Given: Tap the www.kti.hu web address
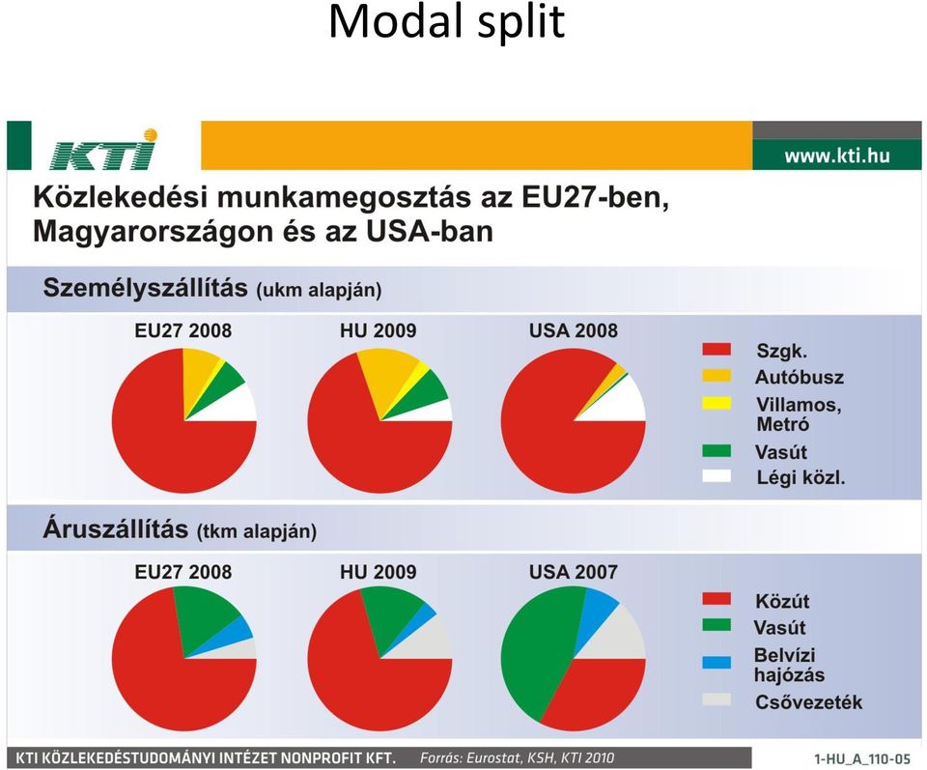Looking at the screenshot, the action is click(836, 156).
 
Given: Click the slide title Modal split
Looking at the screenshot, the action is click(446, 21).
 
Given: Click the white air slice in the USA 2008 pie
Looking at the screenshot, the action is click(621, 402).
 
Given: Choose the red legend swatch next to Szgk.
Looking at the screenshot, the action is click(716, 350).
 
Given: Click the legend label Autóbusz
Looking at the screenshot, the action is click(800, 378).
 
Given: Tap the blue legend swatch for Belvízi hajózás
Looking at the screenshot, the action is click(716, 662).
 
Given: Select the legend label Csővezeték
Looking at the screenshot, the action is click(808, 702).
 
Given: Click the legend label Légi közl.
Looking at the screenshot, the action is click(801, 477).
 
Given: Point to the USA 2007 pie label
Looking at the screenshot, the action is click(573, 572).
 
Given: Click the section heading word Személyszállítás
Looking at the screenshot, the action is click(146, 288).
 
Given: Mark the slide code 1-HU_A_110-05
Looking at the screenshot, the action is click(862, 758).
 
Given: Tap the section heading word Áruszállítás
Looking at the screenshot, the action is click(116, 528).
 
